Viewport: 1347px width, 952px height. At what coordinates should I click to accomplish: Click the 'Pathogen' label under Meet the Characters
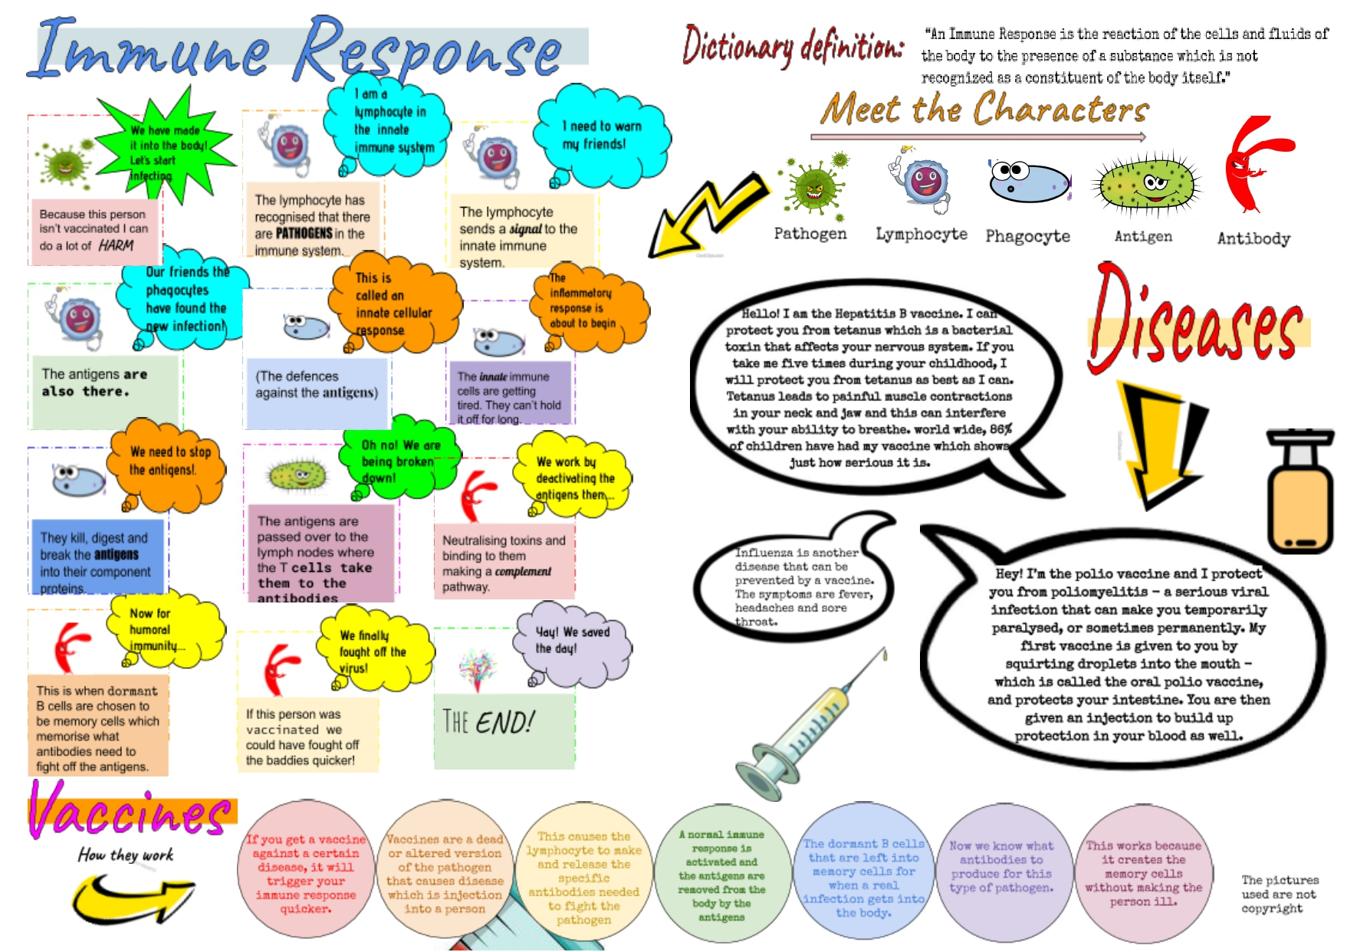(x=810, y=234)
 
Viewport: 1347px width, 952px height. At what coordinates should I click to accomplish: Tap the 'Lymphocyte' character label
(x=921, y=234)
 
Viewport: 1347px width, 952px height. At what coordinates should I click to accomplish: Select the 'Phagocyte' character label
(x=1027, y=236)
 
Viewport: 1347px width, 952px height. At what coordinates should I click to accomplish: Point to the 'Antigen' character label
(x=1142, y=236)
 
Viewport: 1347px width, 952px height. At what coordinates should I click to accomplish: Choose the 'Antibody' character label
(x=1253, y=238)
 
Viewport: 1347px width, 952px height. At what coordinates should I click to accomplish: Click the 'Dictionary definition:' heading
(x=793, y=46)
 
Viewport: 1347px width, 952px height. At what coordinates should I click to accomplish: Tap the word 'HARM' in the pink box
(x=116, y=245)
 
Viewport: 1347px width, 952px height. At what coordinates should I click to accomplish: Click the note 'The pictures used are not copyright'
(x=1279, y=894)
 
